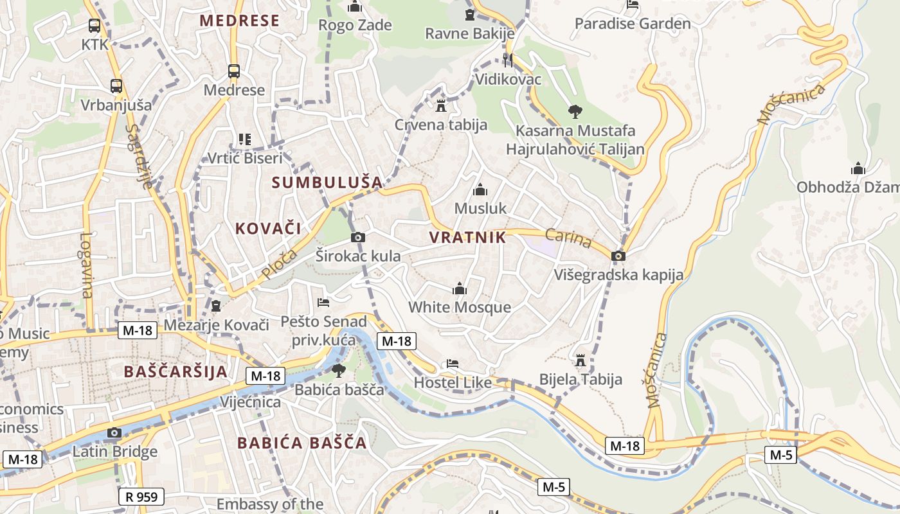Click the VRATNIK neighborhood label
(x=467, y=237)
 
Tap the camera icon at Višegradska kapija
(x=618, y=256)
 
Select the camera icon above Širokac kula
(x=359, y=237)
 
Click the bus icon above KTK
(x=94, y=26)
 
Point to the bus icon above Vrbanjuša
(x=116, y=85)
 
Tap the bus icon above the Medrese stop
(x=234, y=71)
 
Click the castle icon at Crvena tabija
(x=441, y=105)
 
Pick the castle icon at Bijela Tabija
(x=580, y=360)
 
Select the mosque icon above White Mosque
(x=460, y=288)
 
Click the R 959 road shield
(x=141, y=496)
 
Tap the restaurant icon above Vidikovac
(x=508, y=60)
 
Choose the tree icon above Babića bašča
(x=339, y=370)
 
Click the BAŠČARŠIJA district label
(x=175, y=371)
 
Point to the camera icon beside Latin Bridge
(x=114, y=432)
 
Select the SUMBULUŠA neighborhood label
(x=327, y=182)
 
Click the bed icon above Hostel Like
(x=453, y=364)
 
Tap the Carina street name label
(x=568, y=238)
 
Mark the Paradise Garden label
(x=633, y=24)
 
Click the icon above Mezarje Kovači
(x=216, y=306)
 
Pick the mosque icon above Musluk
(x=480, y=190)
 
